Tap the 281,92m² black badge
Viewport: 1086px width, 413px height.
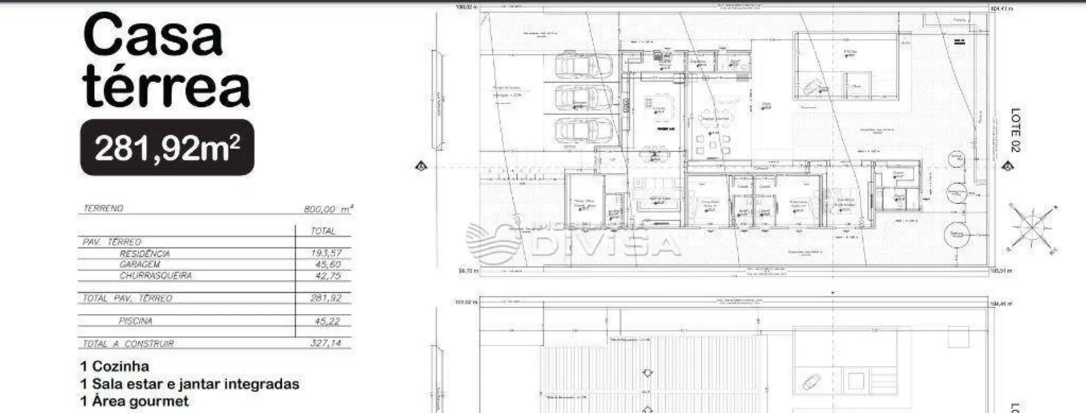(167, 147)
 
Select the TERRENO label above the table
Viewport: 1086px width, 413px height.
(103, 208)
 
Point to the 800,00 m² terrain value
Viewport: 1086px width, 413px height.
(328, 209)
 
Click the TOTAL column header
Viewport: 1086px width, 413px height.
(323, 231)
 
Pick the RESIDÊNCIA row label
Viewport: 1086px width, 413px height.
(145, 254)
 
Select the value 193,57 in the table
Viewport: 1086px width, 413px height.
(326, 253)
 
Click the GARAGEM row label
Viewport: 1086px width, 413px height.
(140, 264)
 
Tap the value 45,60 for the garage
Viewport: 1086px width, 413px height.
(328, 264)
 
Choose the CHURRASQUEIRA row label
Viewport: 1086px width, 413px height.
(156, 276)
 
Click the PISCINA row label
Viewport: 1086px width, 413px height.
(135, 322)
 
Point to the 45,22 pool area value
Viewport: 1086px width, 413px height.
(328, 322)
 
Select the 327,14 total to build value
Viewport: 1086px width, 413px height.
(327, 343)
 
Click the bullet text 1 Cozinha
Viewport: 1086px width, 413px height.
(115, 367)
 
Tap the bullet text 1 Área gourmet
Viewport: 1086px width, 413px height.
(135, 402)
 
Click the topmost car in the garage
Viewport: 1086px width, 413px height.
(583, 65)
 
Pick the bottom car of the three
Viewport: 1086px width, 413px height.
(583, 130)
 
